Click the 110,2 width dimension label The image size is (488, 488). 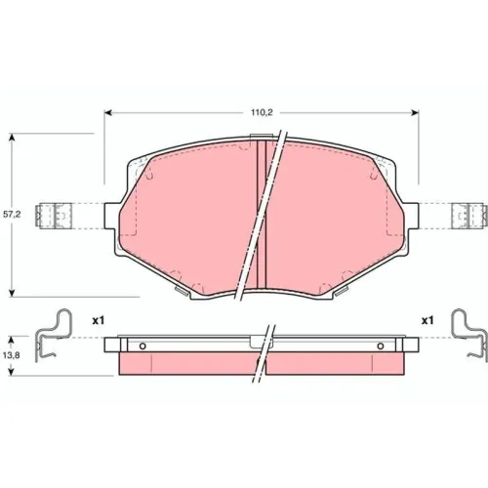click(262, 113)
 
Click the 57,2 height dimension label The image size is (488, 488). click(12, 215)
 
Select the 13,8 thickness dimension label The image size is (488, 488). click(12, 355)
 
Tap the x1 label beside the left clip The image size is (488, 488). click(99, 321)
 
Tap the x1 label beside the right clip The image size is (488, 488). click(427, 321)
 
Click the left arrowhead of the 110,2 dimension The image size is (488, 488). click(108, 113)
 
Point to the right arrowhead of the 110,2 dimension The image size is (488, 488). click(415, 113)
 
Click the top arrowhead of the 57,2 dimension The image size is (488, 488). click(12, 137)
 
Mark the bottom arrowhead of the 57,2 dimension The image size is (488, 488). click(12, 293)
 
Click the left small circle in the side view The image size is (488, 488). click(142, 346)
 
